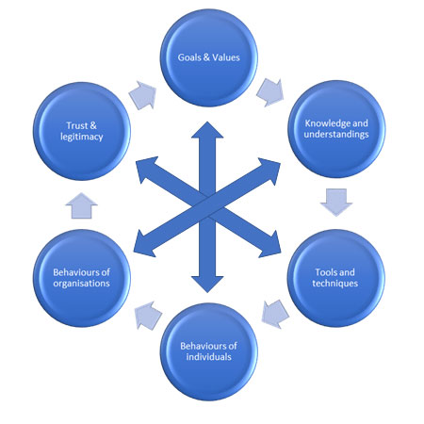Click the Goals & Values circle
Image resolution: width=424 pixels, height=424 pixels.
(209, 57)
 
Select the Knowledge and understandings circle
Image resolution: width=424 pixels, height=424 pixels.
(336, 129)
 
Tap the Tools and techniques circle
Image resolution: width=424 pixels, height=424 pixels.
(336, 278)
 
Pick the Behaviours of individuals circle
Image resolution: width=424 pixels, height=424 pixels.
(209, 351)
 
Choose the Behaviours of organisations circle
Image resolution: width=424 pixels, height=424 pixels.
(82, 278)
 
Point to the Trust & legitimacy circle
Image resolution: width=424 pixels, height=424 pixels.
(82, 131)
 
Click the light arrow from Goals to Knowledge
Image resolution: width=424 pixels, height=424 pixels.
(270, 92)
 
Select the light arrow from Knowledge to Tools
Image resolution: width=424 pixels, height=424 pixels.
(336, 203)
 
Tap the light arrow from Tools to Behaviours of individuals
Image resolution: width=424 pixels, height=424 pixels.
(275, 314)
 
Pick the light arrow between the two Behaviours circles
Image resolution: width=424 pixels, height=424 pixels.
(148, 316)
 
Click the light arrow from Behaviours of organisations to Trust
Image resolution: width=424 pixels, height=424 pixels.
(82, 205)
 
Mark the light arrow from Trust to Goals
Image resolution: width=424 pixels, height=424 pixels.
(143, 95)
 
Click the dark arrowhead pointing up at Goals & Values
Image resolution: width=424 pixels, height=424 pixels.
(207, 130)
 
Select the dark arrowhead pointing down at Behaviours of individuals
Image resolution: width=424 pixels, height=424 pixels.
(207, 285)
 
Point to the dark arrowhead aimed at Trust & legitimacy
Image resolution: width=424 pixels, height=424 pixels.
(145, 169)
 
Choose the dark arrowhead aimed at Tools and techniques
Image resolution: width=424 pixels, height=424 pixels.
(270, 244)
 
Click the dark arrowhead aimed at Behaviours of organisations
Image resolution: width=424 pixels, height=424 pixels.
(144, 244)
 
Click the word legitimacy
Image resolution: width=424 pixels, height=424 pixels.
(82, 137)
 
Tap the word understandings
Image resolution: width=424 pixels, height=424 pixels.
(336, 135)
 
